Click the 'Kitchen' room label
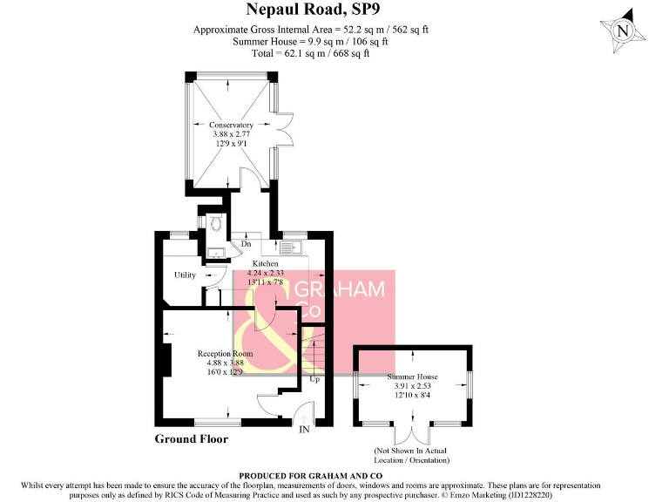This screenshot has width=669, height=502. [266, 263]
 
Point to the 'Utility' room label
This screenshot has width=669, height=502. [185, 275]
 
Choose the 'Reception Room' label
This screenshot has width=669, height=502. [225, 353]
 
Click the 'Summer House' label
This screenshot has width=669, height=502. [413, 376]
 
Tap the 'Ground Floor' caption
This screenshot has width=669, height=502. [192, 439]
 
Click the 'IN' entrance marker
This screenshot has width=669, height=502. [304, 430]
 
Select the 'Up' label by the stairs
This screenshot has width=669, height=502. [314, 380]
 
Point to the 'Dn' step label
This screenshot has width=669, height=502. [247, 245]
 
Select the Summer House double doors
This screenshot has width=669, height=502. [414, 433]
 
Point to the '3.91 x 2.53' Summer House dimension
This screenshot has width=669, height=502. [413, 386]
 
